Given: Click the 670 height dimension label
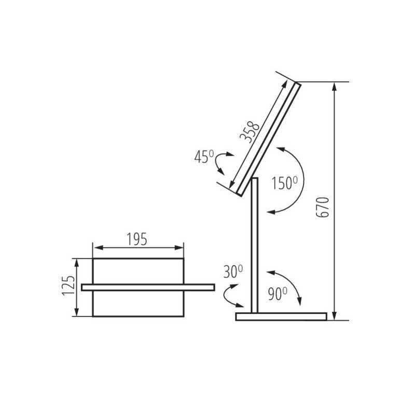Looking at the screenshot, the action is click(x=323, y=207).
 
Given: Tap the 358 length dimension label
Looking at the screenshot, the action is click(x=250, y=132).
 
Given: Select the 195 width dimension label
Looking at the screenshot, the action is click(x=137, y=239).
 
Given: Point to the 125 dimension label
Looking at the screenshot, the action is click(x=68, y=286).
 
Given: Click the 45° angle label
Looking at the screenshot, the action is click(x=204, y=157).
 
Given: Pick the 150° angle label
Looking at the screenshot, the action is click(x=285, y=183).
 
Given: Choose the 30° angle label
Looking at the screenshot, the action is click(x=233, y=271).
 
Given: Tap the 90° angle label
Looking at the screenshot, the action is click(x=278, y=294).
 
